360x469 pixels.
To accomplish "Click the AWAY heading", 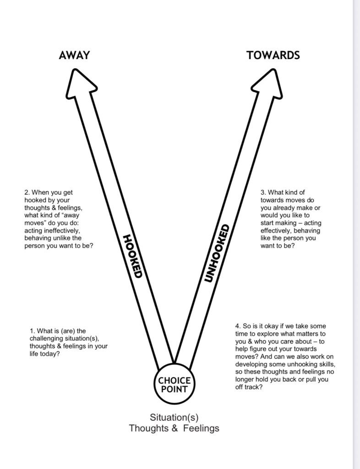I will click(x=74, y=55).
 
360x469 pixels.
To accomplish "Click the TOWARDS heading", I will click(x=273, y=55).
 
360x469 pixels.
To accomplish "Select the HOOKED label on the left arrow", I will click(x=133, y=256).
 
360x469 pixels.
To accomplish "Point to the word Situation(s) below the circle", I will click(x=174, y=418).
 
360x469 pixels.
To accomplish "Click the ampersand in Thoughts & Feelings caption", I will click(x=175, y=429).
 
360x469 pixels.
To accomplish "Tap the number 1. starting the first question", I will click(x=33, y=331).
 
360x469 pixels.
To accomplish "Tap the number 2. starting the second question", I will click(x=27, y=193).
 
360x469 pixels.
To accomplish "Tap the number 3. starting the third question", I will click(x=263, y=193).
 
